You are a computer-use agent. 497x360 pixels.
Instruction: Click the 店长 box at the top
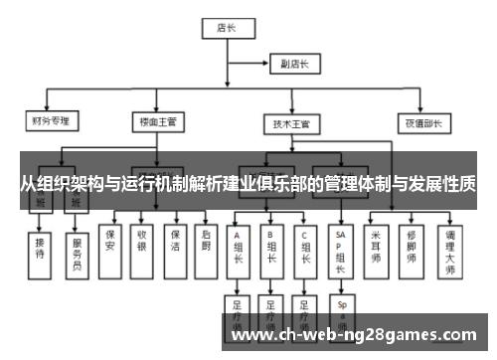[226, 29]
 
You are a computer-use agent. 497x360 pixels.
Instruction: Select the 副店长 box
[294, 64]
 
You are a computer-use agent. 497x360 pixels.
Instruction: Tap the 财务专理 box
[52, 122]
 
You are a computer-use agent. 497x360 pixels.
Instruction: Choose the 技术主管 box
[291, 123]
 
